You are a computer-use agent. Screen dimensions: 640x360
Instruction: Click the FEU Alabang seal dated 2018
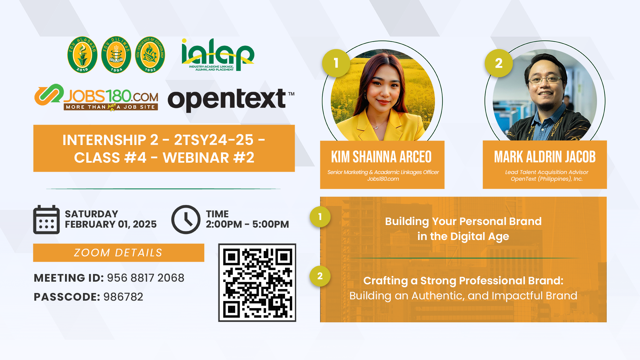point(82,55)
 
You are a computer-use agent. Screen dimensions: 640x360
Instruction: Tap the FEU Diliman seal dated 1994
point(116,55)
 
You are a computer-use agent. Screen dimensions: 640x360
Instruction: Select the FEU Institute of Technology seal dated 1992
point(150,55)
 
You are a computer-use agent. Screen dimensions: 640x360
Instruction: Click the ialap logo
point(218,55)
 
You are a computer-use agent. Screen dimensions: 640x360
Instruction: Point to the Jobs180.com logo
point(96,97)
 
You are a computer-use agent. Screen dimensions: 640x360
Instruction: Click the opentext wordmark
point(231,99)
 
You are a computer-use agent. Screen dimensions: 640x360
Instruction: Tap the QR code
point(257,283)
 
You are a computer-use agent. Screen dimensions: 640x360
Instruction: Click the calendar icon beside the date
point(46,219)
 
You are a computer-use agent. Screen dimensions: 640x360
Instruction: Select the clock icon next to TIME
point(186,219)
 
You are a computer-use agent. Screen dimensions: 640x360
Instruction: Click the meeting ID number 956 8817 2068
point(146,278)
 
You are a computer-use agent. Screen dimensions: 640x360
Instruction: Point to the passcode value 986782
point(123,297)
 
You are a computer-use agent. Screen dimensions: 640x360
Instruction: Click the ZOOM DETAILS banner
point(119,253)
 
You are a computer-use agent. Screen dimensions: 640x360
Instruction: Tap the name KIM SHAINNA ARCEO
point(381,157)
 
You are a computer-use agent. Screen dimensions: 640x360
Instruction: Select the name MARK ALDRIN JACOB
point(545,157)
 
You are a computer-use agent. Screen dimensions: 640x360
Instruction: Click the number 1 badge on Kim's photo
point(336,63)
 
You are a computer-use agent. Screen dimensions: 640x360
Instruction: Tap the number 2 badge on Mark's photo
point(499,63)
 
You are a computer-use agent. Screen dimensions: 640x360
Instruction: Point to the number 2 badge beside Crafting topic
point(320,276)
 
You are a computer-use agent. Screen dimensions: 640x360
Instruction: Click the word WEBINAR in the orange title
point(196,158)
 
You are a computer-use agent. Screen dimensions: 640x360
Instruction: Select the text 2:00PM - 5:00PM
point(247,224)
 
